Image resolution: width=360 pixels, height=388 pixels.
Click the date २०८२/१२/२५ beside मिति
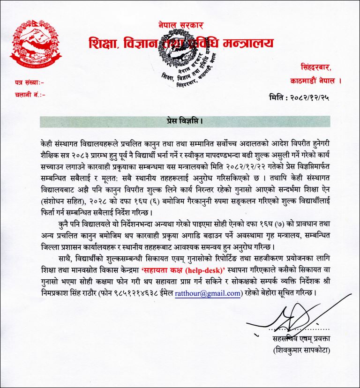[315, 97]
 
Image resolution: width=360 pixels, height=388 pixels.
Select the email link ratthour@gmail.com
[208, 294]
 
